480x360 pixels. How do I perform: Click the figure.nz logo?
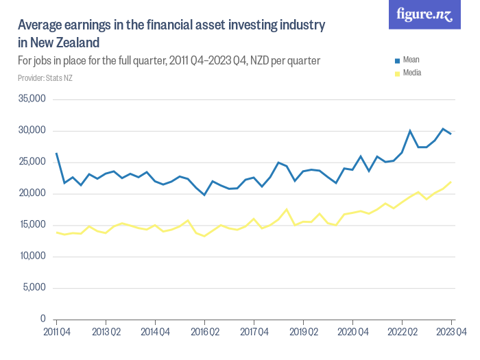tap(424, 14)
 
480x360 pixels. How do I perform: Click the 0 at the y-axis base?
tap(43, 320)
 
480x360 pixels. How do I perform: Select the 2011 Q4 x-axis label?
tap(56, 333)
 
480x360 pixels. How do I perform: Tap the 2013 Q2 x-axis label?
tap(106, 333)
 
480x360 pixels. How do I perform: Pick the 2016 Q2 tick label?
tap(204, 333)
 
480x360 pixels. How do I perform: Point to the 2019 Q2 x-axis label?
tap(303, 333)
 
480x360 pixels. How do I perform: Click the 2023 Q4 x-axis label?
tap(451, 333)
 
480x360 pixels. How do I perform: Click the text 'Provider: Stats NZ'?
tap(45, 78)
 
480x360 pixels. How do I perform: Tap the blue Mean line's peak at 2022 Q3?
tap(410, 131)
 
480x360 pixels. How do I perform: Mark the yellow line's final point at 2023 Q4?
tap(451, 182)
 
